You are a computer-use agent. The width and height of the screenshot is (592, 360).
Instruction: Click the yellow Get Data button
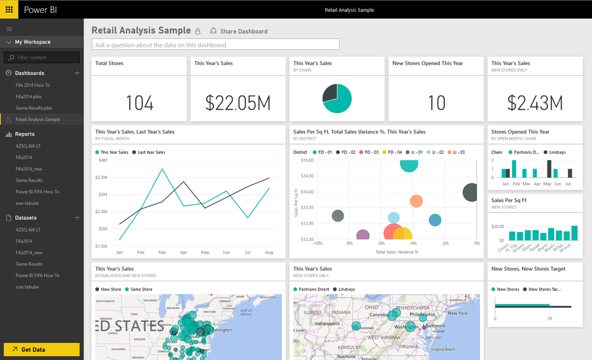41,349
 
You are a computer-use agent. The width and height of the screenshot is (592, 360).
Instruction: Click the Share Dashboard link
243,31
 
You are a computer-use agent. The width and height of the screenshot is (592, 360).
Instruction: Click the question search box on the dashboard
216,44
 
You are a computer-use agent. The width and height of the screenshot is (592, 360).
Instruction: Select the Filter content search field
42,57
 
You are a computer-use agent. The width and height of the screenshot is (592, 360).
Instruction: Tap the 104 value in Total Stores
140,103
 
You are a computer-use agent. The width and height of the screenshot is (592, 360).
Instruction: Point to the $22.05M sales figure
238,103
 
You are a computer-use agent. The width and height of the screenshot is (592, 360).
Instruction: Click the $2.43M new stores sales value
535,103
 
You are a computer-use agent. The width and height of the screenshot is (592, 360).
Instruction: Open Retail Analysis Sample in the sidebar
38,120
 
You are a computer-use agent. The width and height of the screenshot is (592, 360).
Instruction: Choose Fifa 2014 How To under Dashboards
33,85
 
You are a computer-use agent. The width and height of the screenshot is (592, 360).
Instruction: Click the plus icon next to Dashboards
77,73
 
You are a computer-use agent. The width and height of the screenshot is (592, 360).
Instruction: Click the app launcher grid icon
9,9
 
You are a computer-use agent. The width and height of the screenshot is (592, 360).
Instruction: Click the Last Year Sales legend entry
151,152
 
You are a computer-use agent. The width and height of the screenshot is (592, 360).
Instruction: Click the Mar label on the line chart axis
162,252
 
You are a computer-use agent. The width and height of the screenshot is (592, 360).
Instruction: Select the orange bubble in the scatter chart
416,202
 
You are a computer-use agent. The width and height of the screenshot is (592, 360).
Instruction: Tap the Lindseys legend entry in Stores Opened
554,152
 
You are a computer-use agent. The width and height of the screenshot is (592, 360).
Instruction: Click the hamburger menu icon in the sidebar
9,28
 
